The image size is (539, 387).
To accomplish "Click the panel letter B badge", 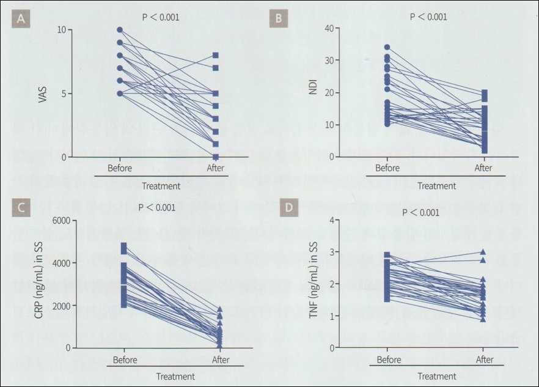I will [278, 18].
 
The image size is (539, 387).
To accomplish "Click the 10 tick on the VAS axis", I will [61, 30].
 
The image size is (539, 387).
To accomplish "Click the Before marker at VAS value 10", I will [120, 29].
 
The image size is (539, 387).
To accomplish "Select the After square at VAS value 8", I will [216, 56].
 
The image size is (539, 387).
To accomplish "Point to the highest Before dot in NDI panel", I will [387, 47].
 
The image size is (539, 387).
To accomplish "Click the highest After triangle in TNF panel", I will [483, 251].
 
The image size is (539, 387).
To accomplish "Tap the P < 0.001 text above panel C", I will [157, 208].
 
